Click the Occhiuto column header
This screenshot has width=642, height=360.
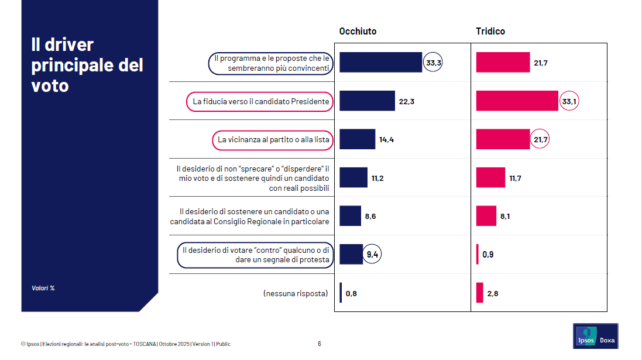tap(358, 32)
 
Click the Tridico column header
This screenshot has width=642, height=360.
tap(490, 32)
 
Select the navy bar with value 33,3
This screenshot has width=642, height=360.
tap(380, 63)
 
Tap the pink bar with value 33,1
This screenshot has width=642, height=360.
tap(517, 101)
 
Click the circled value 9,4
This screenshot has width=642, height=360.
tap(372, 254)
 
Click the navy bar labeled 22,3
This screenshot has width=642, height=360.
tap(367, 101)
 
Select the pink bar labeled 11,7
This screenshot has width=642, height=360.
tap(490, 177)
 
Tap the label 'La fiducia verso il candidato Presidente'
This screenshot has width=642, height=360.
tap(261, 101)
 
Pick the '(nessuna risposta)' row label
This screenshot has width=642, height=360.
tap(295, 293)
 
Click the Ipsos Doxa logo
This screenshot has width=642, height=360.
tap(595, 336)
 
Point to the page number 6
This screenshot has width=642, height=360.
tap(319, 344)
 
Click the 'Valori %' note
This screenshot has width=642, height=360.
tap(43, 288)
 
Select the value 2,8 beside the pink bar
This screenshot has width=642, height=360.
tap(492, 293)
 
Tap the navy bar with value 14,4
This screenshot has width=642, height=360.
tap(357, 139)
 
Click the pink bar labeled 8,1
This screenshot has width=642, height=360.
tap(486, 216)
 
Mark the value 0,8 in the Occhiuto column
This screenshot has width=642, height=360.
tap(351, 293)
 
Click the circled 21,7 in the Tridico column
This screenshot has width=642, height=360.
tap(540, 139)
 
